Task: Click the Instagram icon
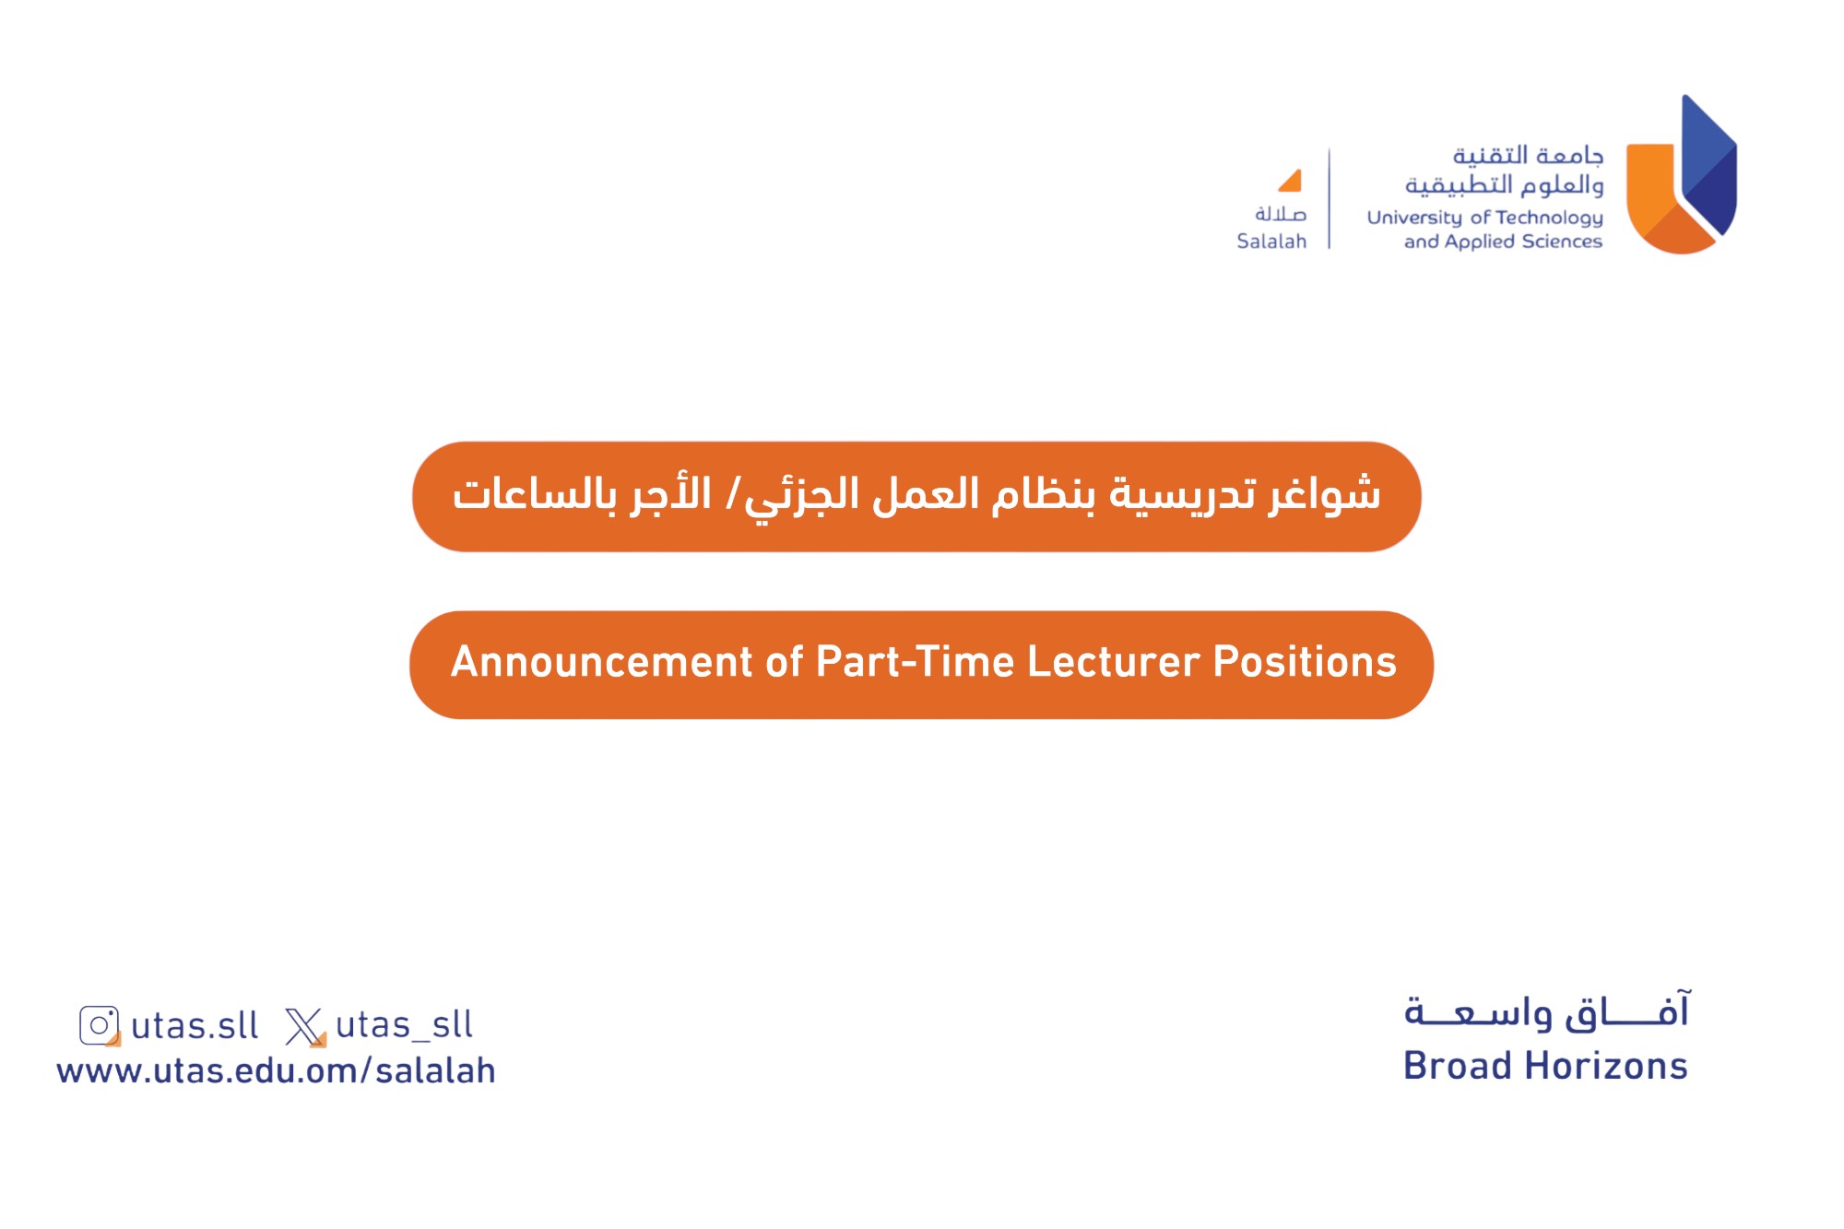[x=100, y=1025]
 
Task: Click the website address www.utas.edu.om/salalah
[x=276, y=1070]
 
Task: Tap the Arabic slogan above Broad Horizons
[x=1547, y=1010]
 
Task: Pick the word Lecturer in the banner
[x=1114, y=662]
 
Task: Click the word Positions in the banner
[x=1305, y=662]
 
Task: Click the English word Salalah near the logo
[x=1271, y=242]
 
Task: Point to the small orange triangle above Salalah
[x=1292, y=182]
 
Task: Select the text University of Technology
[x=1484, y=219]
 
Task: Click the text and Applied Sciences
[x=1503, y=242]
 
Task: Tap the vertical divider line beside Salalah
[x=1330, y=198]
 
